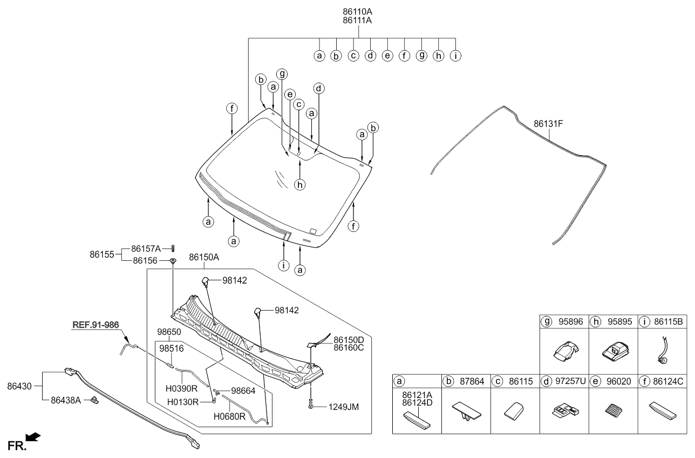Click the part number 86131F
point(548,124)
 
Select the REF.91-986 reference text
point(96,325)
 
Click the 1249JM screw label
point(344,406)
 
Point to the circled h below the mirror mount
point(300,184)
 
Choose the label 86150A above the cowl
point(203,258)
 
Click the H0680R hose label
point(230,416)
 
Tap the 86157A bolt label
point(146,249)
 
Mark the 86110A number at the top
point(358,11)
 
